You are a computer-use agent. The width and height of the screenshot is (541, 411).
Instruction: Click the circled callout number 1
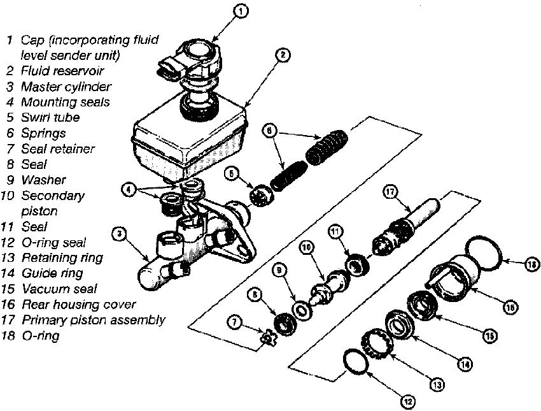coord(241,11)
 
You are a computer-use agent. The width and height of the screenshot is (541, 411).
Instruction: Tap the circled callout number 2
coord(283,55)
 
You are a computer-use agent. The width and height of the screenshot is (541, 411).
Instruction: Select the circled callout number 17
coord(390,192)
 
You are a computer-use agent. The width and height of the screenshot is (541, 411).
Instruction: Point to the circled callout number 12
coord(408,401)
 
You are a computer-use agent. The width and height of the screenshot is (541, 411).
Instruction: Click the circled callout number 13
coord(437,385)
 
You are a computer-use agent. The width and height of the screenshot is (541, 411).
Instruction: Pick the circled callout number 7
coord(235,322)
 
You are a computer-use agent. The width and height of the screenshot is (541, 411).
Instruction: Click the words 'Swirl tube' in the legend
coord(50,117)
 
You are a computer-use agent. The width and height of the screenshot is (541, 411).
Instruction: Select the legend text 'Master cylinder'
coord(66,87)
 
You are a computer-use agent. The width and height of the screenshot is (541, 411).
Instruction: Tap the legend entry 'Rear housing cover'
coord(79,305)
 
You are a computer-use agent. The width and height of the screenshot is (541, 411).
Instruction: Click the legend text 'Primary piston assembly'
coord(94,320)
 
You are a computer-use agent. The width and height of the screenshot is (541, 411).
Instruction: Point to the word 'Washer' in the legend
coord(43,180)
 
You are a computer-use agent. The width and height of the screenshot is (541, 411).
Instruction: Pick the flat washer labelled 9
coord(302,310)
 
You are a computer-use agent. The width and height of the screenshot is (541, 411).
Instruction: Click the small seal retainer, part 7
coord(268,339)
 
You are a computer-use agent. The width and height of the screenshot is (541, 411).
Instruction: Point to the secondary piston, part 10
coord(328,287)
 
